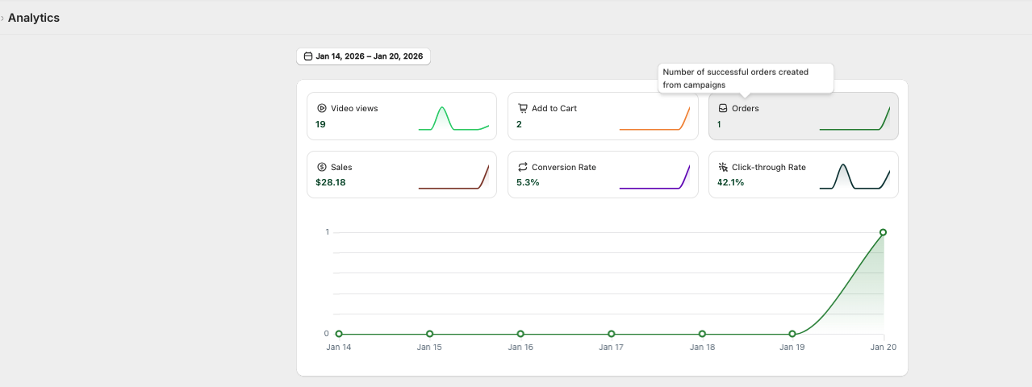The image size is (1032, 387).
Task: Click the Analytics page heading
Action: click(34, 18)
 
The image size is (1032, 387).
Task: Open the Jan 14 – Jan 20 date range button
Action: click(363, 56)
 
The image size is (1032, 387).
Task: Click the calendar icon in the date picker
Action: click(308, 56)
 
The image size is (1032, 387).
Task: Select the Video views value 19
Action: click(320, 124)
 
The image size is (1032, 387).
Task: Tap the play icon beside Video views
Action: click(322, 108)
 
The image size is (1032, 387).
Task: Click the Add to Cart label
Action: click(554, 108)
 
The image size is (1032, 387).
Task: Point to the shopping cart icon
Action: click(522, 108)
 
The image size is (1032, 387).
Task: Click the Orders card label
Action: click(745, 108)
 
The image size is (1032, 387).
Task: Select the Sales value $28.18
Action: click(330, 182)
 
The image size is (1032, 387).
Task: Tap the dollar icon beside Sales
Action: click(322, 167)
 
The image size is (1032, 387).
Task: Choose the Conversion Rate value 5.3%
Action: click(528, 182)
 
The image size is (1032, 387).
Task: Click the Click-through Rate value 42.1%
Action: click(730, 182)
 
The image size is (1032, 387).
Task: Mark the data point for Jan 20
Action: click(883, 232)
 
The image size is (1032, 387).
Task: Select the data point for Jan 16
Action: click(520, 334)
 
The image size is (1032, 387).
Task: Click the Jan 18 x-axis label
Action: click(702, 347)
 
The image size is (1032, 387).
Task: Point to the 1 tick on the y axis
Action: click(327, 232)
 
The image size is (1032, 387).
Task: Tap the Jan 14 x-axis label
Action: click(339, 347)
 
